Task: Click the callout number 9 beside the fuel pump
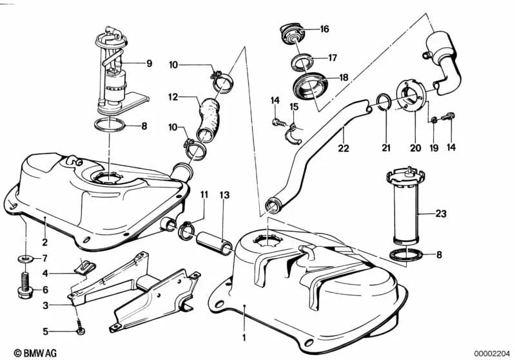[x=149, y=63]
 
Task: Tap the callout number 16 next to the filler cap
[x=324, y=29]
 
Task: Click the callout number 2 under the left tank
[x=45, y=243]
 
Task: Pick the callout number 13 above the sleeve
[x=224, y=194]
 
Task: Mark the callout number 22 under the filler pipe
[x=343, y=147]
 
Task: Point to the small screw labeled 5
[x=81, y=331]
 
